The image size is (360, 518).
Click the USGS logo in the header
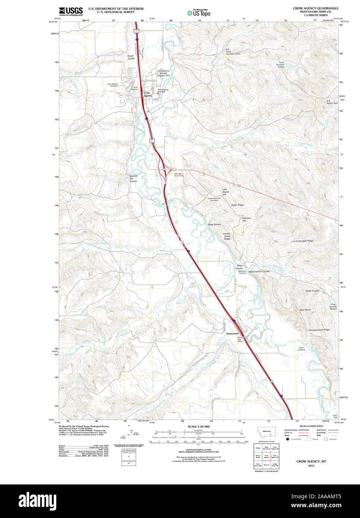click(71, 11)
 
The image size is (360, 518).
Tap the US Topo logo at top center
click(199, 13)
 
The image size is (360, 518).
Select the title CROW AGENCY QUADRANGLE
click(316, 8)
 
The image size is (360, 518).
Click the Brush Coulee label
click(131, 57)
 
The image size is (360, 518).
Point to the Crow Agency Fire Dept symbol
click(158, 94)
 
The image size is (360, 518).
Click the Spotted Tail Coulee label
click(133, 178)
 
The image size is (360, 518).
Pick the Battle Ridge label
click(237, 205)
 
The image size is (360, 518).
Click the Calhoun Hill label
click(247, 219)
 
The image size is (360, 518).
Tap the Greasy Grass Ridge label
click(227, 236)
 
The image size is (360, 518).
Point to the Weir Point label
click(304, 310)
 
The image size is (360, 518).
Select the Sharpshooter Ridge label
click(319, 330)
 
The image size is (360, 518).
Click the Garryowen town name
click(232, 334)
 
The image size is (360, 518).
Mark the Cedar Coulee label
click(312, 291)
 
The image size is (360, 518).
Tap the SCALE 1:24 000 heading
click(198, 426)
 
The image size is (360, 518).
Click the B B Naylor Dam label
click(332, 102)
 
